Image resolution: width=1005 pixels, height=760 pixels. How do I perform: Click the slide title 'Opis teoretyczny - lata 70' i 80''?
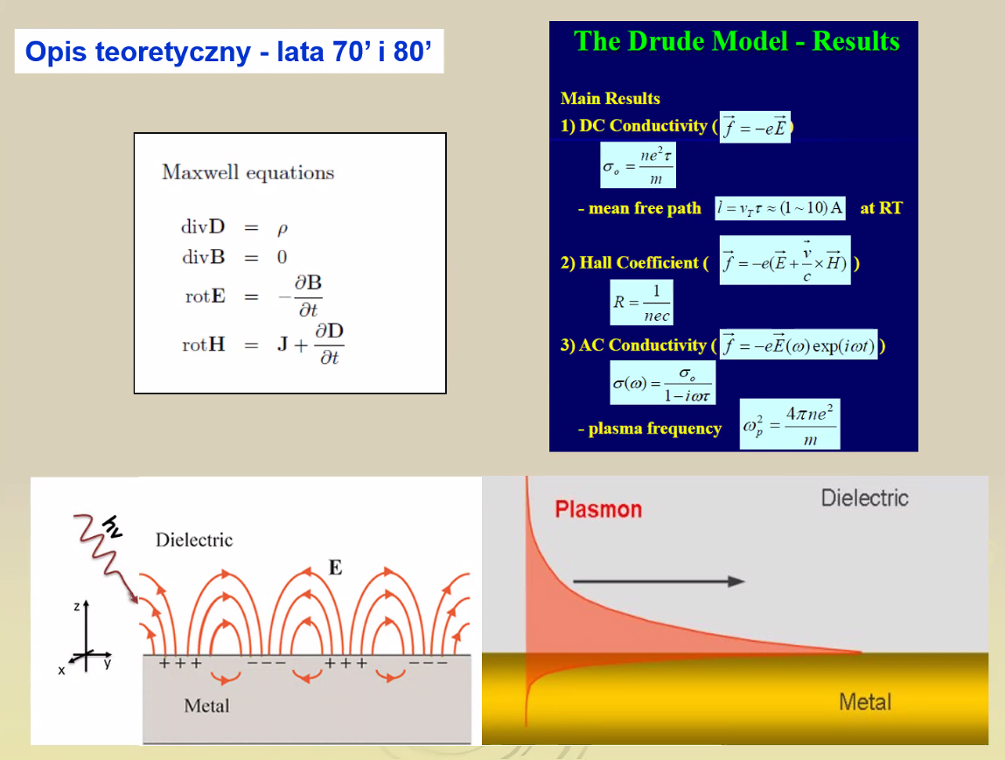[228, 52]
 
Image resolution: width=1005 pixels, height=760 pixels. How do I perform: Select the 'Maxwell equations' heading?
[248, 172]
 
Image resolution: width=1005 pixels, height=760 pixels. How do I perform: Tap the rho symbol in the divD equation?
[282, 229]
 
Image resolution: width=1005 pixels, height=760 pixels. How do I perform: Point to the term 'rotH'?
[204, 345]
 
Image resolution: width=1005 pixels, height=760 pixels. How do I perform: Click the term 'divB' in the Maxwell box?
[203, 257]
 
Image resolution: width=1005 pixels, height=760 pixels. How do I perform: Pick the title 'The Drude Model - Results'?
[736, 41]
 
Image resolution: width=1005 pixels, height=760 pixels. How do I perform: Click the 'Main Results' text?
[611, 98]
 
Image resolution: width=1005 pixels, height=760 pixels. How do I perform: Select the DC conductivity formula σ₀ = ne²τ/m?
[638, 165]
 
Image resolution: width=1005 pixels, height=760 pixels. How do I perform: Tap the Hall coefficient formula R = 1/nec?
[642, 303]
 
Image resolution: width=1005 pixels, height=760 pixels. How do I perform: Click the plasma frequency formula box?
[790, 424]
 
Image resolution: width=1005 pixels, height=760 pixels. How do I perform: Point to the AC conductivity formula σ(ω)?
[663, 383]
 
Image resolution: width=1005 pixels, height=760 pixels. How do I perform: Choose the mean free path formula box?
[780, 208]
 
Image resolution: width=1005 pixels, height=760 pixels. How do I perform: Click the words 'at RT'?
[882, 208]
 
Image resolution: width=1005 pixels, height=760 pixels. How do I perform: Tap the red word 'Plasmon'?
[598, 510]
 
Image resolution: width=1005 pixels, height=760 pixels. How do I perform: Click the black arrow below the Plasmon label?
[659, 582]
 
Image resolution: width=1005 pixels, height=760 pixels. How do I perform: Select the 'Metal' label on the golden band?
[865, 702]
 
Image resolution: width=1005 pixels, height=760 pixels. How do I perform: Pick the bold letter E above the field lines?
[335, 568]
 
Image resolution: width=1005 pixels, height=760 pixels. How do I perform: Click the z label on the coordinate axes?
[77, 606]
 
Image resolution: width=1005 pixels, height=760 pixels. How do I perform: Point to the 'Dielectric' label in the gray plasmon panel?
[865, 498]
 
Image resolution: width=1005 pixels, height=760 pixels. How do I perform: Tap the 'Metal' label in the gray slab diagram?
[206, 706]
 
